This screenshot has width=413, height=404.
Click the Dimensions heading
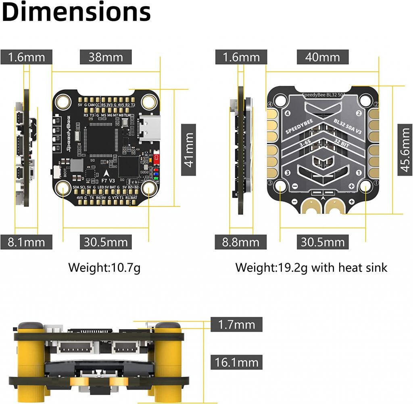(77, 12)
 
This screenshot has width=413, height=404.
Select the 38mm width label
(106, 57)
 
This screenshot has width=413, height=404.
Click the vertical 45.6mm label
(405, 149)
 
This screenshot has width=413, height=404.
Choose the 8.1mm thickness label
(27, 242)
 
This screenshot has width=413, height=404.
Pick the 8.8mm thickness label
(241, 242)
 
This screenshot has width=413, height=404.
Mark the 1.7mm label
(236, 324)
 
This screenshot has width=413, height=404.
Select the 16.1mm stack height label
(236, 362)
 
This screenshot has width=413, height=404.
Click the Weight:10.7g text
(104, 267)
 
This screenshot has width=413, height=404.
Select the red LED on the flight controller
(156, 159)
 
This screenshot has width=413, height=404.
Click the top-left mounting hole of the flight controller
(63, 101)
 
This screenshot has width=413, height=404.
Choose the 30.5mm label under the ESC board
(323, 242)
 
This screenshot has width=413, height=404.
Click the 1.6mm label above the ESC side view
(241, 57)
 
